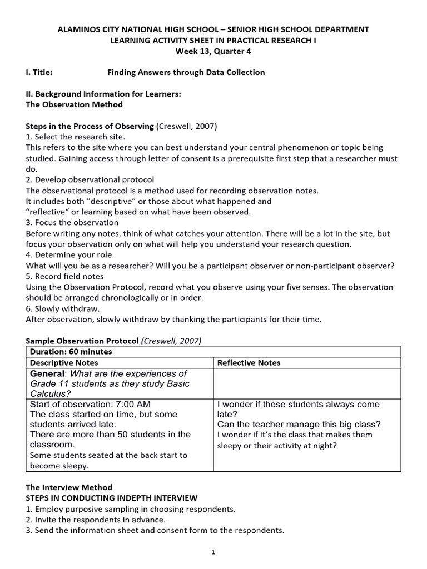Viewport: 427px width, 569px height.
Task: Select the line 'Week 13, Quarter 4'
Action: point(213,51)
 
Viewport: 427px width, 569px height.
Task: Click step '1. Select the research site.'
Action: point(76,137)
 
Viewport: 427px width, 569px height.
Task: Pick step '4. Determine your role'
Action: point(69,255)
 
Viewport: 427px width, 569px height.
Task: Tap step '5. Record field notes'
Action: point(65,276)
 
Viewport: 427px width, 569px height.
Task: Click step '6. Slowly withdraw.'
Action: point(63,308)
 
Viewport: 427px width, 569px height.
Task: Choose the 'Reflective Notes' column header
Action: point(249,363)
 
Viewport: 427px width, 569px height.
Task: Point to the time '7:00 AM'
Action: point(133,404)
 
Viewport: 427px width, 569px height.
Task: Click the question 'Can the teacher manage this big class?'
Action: point(299,425)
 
